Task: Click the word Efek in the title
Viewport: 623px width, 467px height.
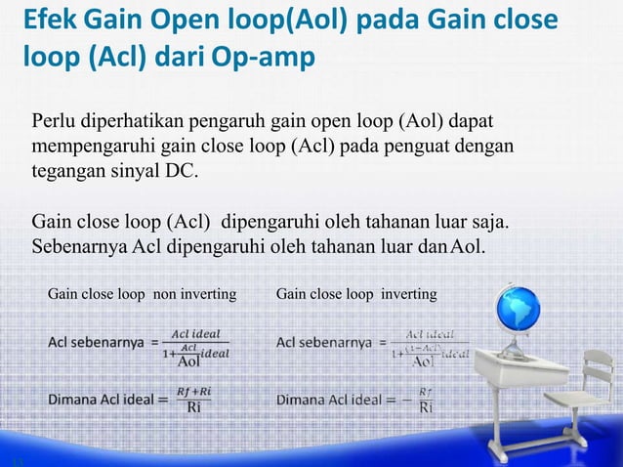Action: click(x=52, y=21)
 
